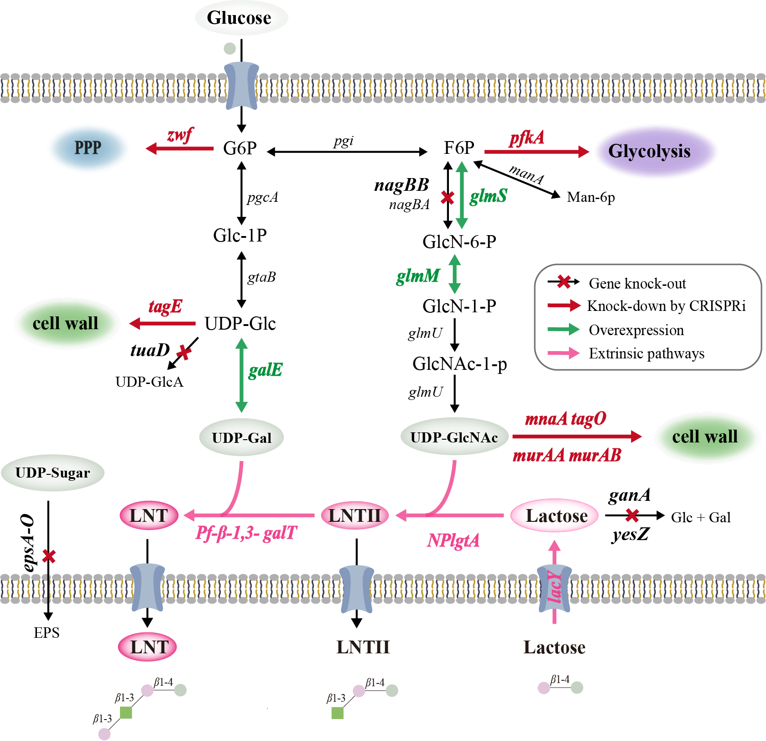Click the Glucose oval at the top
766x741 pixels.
click(x=241, y=18)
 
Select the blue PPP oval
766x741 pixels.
click(x=89, y=148)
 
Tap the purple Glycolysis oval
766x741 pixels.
click(x=656, y=152)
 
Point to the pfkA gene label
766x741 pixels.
click(x=527, y=137)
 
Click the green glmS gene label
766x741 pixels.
click(x=488, y=196)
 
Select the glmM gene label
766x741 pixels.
click(x=418, y=275)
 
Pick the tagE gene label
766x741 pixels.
click(x=165, y=306)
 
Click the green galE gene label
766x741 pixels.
click(x=266, y=370)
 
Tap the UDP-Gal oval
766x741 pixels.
click(x=241, y=437)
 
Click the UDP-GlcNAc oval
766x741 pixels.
click(x=454, y=437)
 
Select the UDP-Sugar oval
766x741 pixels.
click(x=53, y=473)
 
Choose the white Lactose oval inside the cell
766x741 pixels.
click(x=555, y=515)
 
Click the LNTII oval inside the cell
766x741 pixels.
click(x=355, y=515)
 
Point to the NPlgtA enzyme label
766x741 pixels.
click(x=453, y=541)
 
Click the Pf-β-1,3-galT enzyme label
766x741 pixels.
click(x=246, y=533)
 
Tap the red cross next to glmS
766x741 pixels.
click(x=448, y=198)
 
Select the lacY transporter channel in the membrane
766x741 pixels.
click(x=554, y=588)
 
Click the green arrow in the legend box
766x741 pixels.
click(x=563, y=329)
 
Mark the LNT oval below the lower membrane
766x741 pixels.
click(x=147, y=647)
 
